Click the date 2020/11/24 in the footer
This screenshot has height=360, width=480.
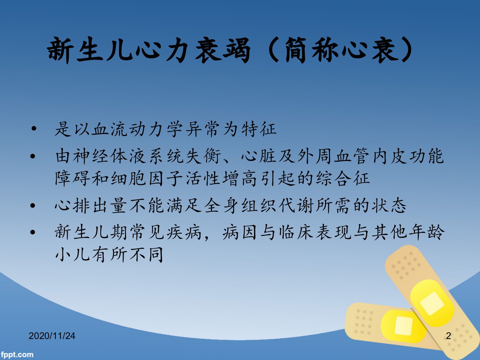click(x=52, y=336)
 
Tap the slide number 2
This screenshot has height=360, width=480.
click(x=448, y=336)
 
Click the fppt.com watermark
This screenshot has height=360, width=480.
click(x=17, y=355)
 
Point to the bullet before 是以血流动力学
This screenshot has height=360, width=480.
click(x=34, y=129)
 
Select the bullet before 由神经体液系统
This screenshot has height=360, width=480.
click(x=33, y=156)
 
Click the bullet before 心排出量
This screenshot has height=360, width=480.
click(x=33, y=206)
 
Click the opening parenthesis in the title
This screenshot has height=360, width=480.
click(x=273, y=50)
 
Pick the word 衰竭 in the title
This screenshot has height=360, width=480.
click(x=223, y=50)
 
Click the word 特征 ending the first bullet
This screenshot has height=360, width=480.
click(x=259, y=129)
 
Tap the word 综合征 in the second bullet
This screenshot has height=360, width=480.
click(x=343, y=178)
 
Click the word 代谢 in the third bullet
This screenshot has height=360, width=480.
click(x=297, y=206)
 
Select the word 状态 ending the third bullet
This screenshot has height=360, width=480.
click(x=389, y=206)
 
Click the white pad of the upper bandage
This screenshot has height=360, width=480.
click(x=432, y=304)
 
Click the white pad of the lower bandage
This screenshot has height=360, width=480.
click(x=404, y=326)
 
